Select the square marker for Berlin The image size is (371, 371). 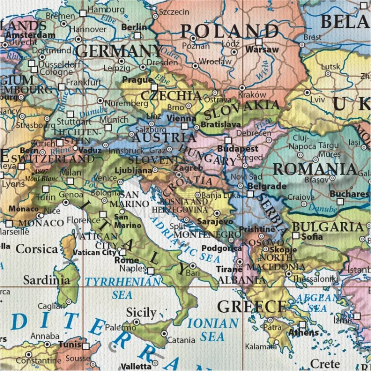pyautogui.click(x=138, y=36)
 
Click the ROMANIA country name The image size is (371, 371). pyautogui.click(x=315, y=169)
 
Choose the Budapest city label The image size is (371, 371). pyautogui.click(x=241, y=148)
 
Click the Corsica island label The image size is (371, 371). pyautogui.click(x=37, y=248)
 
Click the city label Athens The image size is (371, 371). pyautogui.click(x=304, y=332)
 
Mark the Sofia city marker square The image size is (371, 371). pyautogui.click(x=296, y=236)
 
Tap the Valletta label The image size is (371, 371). pyautogui.click(x=135, y=366)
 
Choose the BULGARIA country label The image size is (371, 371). pyautogui.click(x=327, y=227)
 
